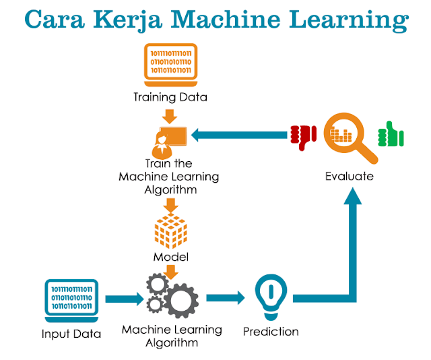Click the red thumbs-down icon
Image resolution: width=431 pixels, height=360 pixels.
point(303,137)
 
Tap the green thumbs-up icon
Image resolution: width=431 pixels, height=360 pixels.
point(390,135)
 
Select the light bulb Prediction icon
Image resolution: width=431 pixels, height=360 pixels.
point(269,297)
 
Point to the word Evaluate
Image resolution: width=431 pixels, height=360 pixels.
point(349,177)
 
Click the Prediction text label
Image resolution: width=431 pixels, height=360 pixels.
point(270,332)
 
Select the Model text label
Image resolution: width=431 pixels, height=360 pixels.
point(170,257)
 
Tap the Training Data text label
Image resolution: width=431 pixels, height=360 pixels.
point(170,97)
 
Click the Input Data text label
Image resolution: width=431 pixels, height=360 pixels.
point(71,334)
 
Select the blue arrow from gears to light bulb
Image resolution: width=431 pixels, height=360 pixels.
point(226,298)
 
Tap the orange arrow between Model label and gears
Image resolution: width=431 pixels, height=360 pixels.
point(170,271)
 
